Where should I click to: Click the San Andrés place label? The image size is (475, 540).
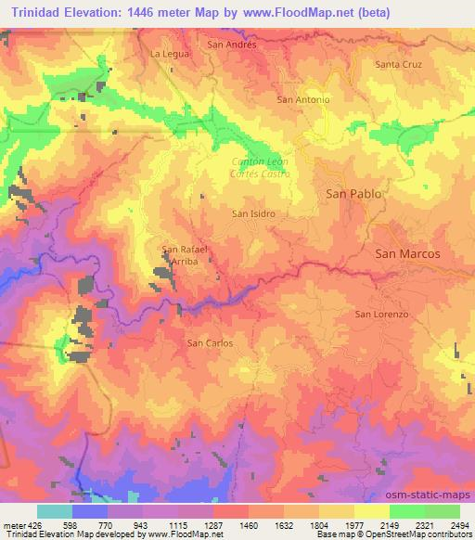coord(232,44)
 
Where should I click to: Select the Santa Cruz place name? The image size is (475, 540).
coord(399,64)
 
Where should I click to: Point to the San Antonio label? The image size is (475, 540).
coord(303,98)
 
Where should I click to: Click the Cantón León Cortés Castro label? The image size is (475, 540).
coord(261,168)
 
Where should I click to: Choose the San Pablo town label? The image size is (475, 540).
coord(353,194)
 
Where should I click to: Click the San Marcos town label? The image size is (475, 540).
coord(406,252)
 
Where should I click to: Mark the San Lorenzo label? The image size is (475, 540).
coord(382,315)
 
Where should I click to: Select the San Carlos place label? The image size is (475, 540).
coord(210,343)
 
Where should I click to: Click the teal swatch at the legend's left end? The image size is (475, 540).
coord(55,511)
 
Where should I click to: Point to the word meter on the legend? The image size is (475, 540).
coord(13,526)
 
